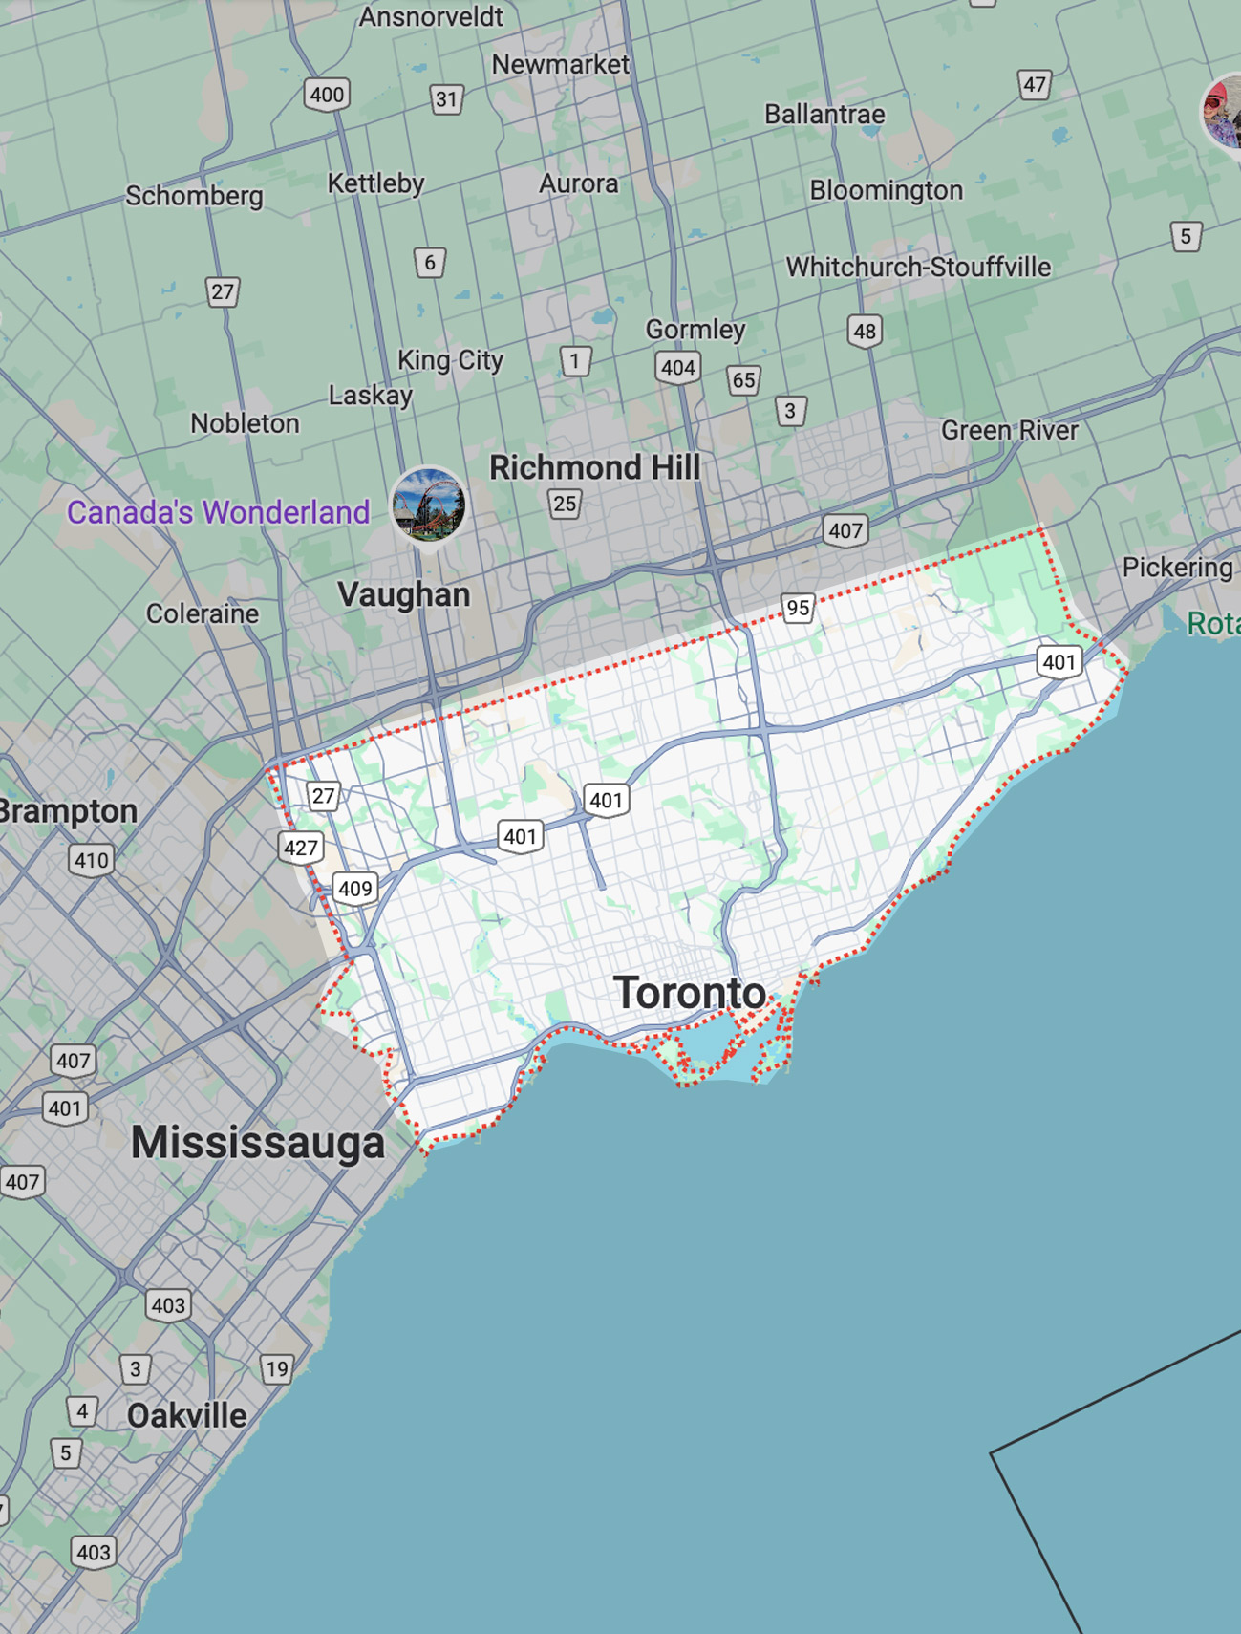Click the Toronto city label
point(689,994)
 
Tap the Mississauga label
point(258,1143)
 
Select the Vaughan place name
point(403,594)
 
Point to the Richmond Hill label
point(594,467)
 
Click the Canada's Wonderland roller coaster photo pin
point(429,505)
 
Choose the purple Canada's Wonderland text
point(218,512)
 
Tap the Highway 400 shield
point(327,95)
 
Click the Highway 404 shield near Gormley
point(677,368)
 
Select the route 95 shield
point(798,608)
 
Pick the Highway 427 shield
point(301,848)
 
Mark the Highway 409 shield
point(354,889)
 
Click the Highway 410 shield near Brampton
point(92,860)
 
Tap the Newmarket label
point(560,65)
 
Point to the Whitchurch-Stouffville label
point(918,267)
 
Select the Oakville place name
point(186,1415)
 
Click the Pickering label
point(1177,568)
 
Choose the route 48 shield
point(865,332)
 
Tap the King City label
point(450,360)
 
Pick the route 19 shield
point(277,1368)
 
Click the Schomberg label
point(194,196)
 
